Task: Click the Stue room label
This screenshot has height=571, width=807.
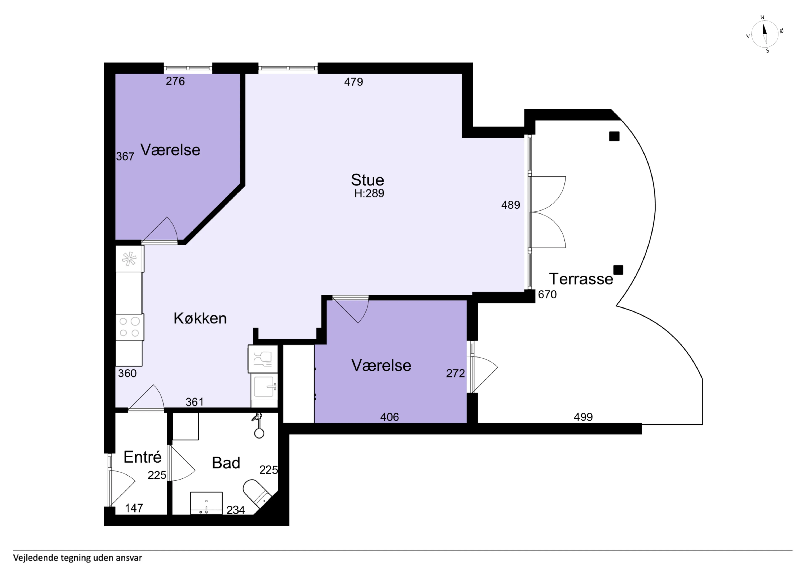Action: click(367, 180)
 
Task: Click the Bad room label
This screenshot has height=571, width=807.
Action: click(226, 463)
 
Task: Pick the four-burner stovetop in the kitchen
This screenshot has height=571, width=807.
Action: click(130, 327)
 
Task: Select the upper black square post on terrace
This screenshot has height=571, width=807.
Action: click(614, 136)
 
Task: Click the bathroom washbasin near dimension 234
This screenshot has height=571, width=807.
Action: click(206, 503)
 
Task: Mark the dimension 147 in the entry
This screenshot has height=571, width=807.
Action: click(134, 508)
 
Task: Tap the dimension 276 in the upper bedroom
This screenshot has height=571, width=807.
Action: click(175, 81)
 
